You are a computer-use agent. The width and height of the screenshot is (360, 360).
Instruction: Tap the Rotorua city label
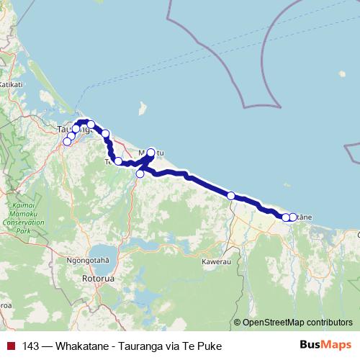click(100, 277)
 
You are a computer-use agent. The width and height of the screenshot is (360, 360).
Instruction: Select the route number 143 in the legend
click(31, 346)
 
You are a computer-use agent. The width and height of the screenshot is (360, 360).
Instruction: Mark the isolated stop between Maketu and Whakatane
click(231, 196)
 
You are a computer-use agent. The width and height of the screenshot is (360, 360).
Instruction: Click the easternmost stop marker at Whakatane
click(292, 217)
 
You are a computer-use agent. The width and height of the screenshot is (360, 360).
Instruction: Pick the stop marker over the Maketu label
click(151, 152)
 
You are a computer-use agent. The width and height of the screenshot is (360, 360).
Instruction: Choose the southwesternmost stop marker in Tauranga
click(67, 141)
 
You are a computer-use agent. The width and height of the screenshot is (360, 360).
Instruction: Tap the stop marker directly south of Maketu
click(140, 174)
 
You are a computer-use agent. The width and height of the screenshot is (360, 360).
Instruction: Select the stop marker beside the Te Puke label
click(118, 161)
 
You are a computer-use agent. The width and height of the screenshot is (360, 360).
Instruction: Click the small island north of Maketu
click(143, 109)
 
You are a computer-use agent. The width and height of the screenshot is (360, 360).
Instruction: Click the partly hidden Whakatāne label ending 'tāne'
click(305, 217)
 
